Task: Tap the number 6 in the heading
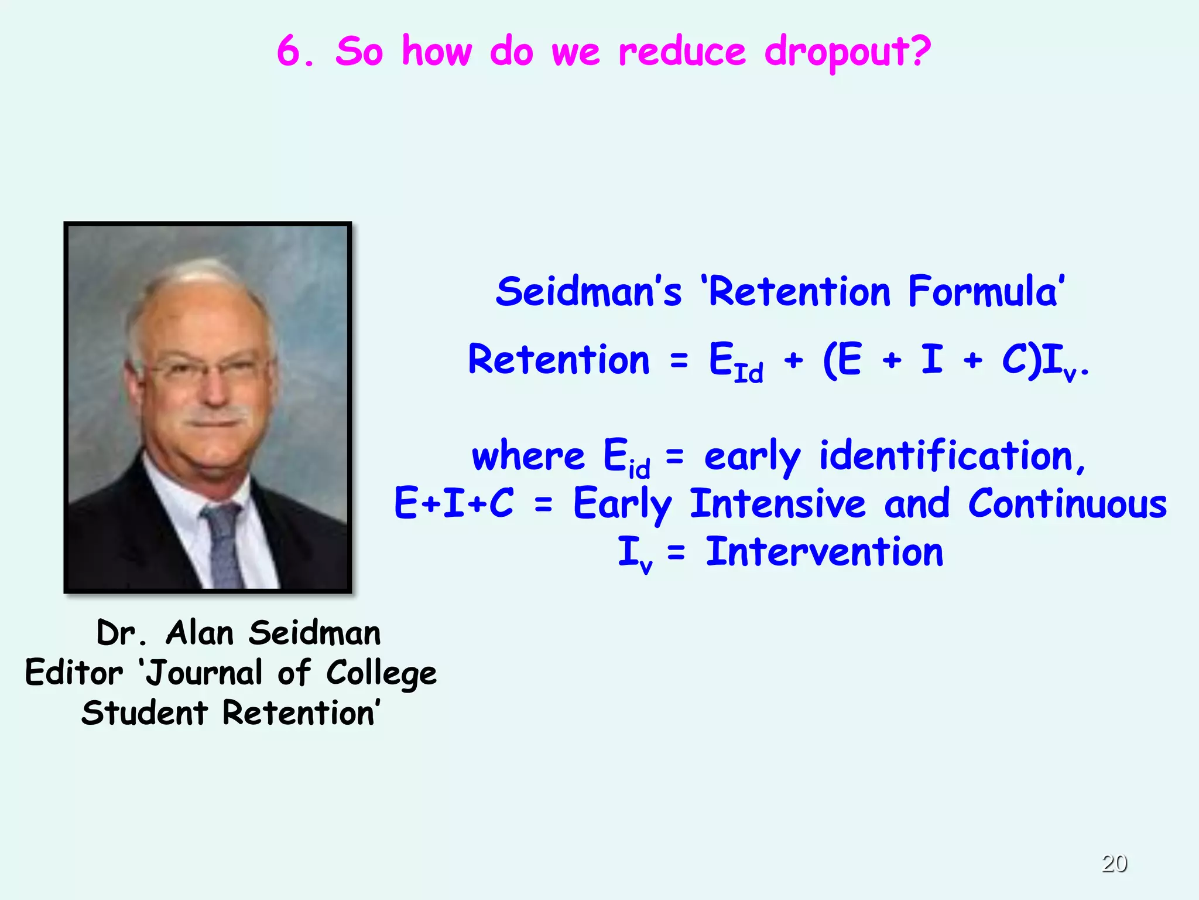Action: coord(290,50)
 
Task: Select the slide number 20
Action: coord(1114,863)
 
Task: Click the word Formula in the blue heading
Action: coord(986,291)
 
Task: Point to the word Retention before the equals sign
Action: coord(559,360)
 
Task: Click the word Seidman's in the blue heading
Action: coord(589,291)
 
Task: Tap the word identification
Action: coord(952,456)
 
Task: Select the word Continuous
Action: coord(1067,504)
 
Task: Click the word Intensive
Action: coord(778,504)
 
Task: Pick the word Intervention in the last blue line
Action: coord(824,552)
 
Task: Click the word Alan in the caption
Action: coord(200,633)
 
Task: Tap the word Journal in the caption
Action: coord(204,673)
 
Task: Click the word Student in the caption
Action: coord(145,713)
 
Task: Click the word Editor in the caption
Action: coord(74,673)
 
